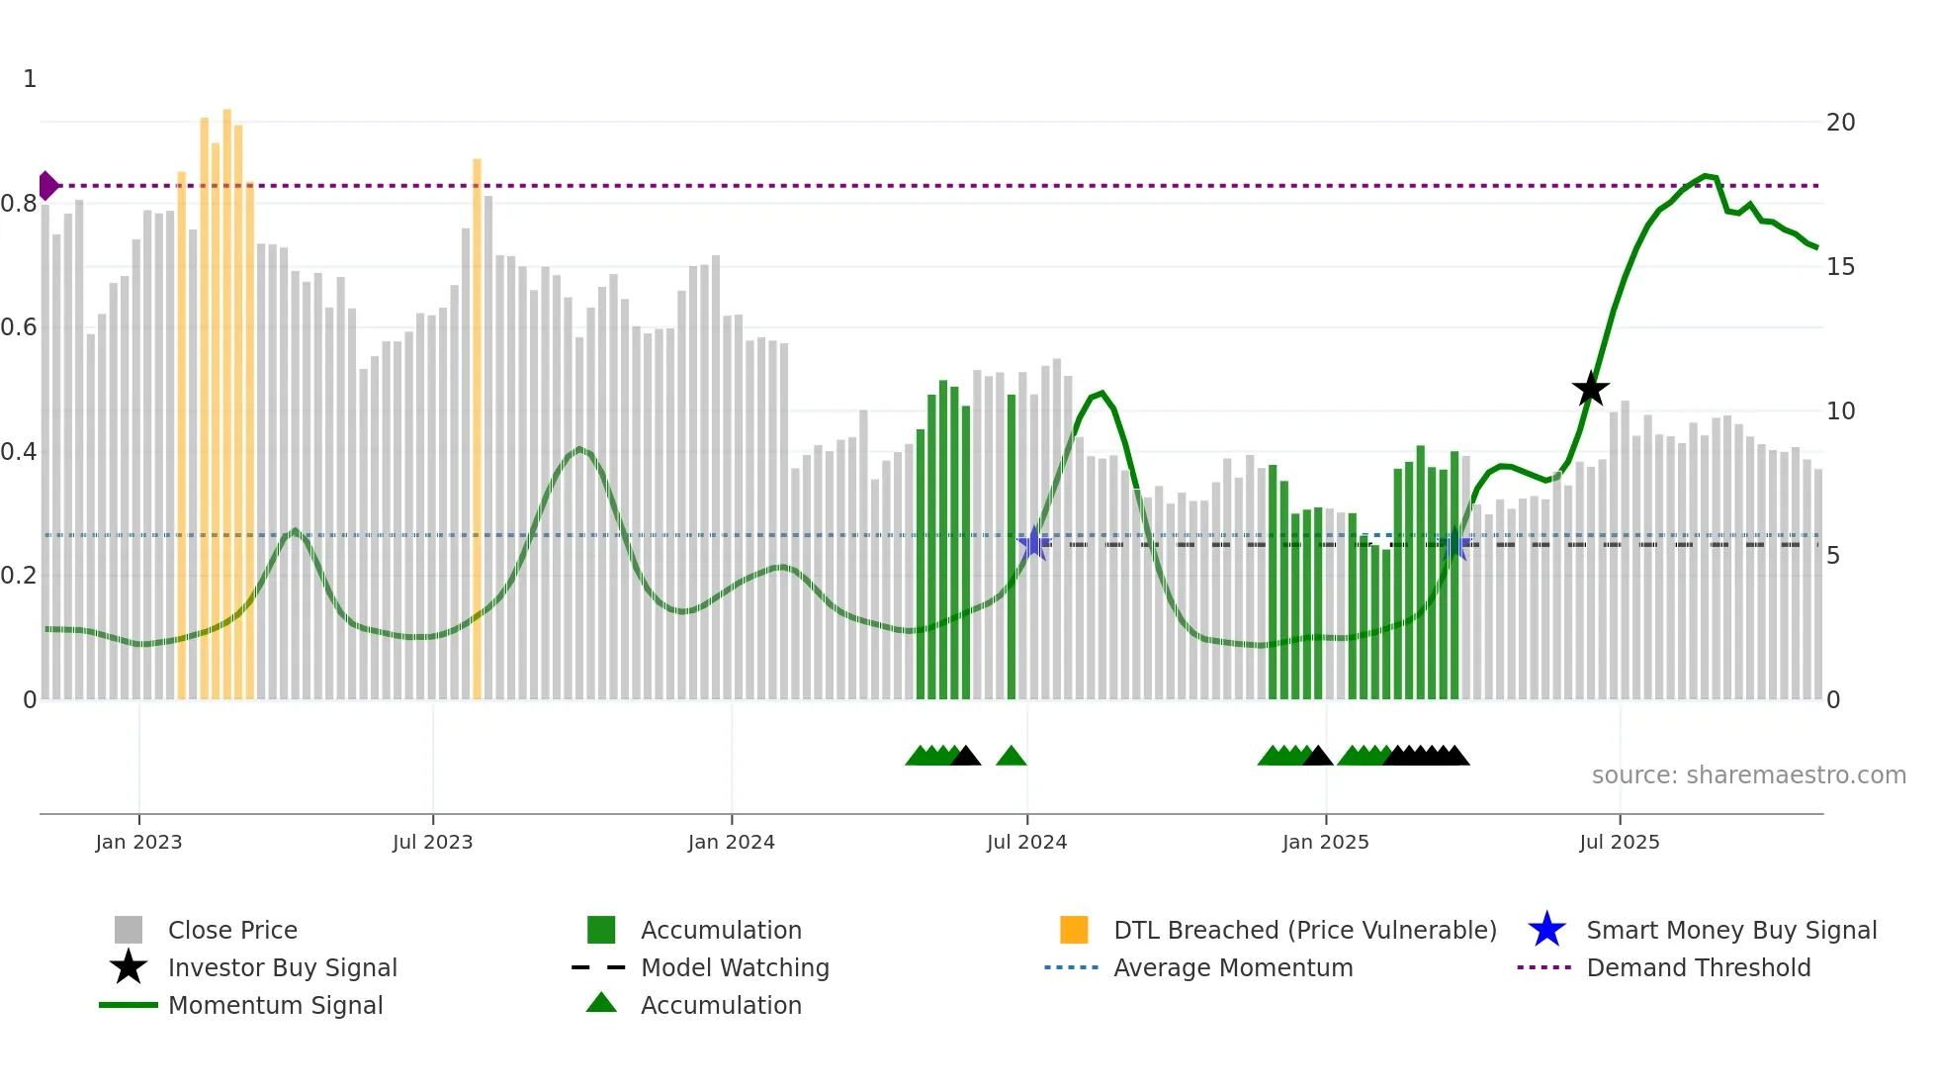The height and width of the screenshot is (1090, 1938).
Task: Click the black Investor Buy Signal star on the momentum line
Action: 1590,389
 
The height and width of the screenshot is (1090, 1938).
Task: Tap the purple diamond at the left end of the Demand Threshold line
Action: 47,185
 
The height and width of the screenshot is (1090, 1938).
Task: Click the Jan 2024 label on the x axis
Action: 731,842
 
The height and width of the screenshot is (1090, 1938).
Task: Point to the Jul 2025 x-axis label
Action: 1619,842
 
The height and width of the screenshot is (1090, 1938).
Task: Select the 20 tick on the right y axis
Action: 1840,123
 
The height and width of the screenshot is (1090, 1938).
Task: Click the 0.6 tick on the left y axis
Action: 20,327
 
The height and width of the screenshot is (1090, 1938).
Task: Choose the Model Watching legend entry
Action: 734,967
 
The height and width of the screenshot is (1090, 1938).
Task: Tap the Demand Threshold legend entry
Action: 1698,967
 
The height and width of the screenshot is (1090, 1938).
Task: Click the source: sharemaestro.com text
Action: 1748,775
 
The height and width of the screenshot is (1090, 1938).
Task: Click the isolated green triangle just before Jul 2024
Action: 1011,757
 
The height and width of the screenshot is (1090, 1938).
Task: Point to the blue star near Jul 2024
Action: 1033,542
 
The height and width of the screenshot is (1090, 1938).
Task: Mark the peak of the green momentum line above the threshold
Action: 1705,176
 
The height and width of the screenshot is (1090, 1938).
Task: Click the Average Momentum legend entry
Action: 1232,967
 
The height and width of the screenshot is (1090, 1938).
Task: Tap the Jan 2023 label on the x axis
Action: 138,842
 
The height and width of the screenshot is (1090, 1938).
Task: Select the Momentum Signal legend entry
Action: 275,1005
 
